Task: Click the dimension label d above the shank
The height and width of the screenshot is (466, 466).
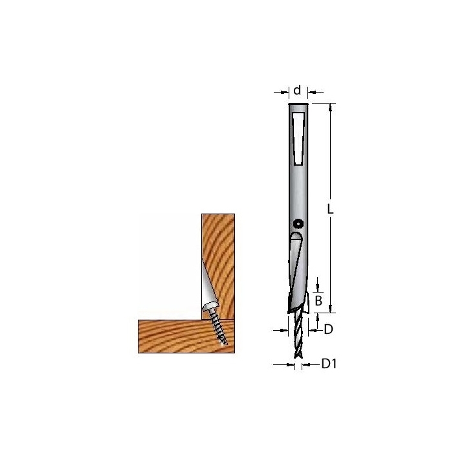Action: pyautogui.click(x=297, y=90)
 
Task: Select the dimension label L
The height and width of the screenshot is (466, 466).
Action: pyautogui.click(x=330, y=209)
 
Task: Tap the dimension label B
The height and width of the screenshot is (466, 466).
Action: pyautogui.click(x=318, y=301)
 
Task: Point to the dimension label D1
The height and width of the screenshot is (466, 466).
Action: pyautogui.click(x=329, y=364)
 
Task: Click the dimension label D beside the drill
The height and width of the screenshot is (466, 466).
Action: pyautogui.click(x=328, y=329)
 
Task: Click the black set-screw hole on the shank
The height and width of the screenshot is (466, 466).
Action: pyautogui.click(x=298, y=224)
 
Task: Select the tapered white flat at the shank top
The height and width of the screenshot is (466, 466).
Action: pyautogui.click(x=298, y=139)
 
